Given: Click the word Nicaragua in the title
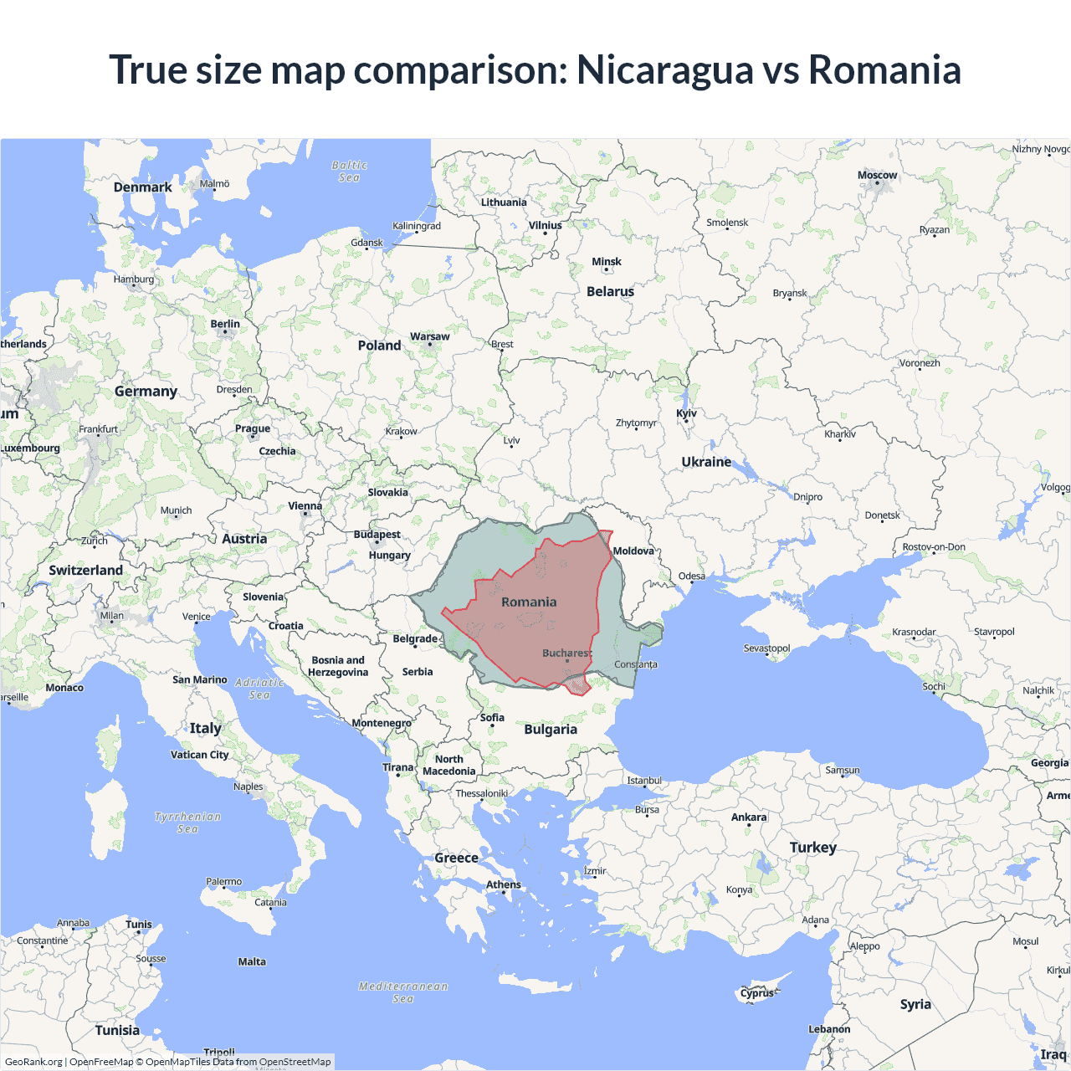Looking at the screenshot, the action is pos(664,69).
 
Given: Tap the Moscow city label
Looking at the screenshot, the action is pos(877,176).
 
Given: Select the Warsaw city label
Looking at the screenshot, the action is pos(429,336).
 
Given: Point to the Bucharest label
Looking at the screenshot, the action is pos(566,653).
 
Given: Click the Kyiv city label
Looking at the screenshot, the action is pos(686,413).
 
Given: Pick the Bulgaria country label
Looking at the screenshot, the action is pos(551,729).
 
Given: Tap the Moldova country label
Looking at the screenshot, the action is pos(633,551).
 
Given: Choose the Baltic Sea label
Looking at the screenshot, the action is pos(349,172).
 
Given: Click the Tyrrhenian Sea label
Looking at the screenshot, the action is pos(187,822).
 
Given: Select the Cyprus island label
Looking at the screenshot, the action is pos(758,993).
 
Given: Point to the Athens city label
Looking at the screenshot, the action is pos(504,884).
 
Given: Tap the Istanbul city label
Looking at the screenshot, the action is pos(644,781).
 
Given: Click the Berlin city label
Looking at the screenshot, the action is pos(225,324).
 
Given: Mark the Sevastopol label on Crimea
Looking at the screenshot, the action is pos(766,648).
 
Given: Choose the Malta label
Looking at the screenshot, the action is pos(252,961).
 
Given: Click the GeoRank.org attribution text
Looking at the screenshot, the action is pos(33,1062).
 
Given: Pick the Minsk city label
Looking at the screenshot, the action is pos(607,262).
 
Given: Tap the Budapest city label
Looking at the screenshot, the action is pos(377,535).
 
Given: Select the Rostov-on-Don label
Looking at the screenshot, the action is pos(934,547).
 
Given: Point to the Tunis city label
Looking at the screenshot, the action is pos(139,925).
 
